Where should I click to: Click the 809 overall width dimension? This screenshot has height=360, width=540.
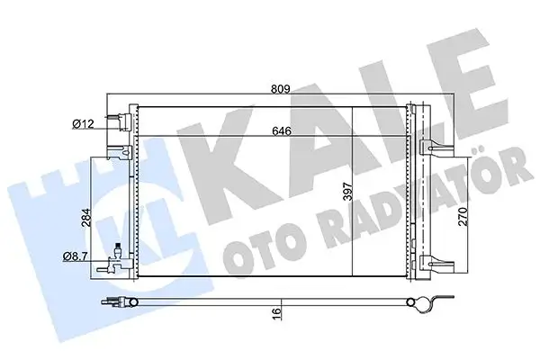[281, 89]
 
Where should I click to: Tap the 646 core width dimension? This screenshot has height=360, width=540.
[282, 130]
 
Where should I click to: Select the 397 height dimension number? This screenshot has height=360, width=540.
[348, 191]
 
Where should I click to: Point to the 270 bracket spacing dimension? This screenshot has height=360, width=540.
[463, 216]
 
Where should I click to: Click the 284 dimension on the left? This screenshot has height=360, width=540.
[86, 218]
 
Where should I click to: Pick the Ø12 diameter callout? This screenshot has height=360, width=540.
[83, 123]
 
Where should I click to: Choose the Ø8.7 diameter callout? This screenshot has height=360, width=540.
[76, 256]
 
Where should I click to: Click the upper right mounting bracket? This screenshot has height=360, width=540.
[436, 147]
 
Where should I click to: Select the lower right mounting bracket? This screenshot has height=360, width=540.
[436, 264]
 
